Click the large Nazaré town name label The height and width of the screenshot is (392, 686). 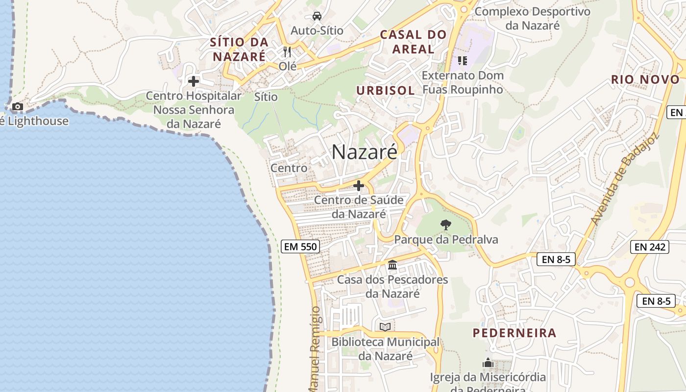coord(365,152)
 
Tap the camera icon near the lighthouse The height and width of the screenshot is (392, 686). coord(18,106)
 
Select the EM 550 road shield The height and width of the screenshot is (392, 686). coord(301,246)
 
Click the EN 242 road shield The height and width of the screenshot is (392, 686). coord(650,247)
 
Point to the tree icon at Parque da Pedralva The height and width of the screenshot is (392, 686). coord(446,225)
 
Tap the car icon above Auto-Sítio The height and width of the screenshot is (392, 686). coord(317,16)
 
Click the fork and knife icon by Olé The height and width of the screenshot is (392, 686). coord(288,51)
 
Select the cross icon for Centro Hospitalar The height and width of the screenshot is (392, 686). coord(194,81)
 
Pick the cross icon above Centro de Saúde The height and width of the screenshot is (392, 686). coord(359,186)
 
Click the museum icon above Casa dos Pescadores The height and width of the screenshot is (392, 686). coord(392,265)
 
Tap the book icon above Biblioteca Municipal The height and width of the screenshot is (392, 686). coord(385,327)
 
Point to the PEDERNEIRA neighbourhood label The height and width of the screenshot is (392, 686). coord(514,333)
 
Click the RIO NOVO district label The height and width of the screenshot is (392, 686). coord(645,79)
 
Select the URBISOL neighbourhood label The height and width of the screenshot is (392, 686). coord(385,91)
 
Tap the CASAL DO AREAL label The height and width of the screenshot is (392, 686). coord(414,42)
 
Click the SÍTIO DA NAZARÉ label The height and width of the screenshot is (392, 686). coord(239,49)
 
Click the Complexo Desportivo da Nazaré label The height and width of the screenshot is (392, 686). coord(532,18)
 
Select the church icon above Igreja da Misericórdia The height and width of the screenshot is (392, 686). coord(488,363)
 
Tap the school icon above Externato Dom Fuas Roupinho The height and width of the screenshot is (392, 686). coord(462,61)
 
